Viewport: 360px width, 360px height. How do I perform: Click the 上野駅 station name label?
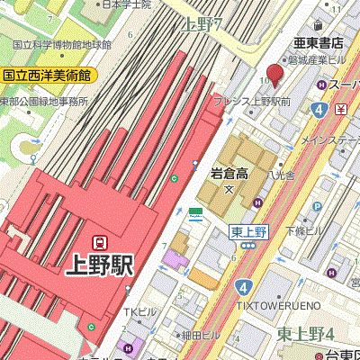(x=100, y=265)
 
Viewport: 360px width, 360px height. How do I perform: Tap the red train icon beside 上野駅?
(x=100, y=241)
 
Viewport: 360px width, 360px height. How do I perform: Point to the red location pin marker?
(x=274, y=74)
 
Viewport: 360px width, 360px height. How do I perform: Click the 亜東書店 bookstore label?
(x=319, y=42)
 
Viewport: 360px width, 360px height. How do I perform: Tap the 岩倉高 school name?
(x=230, y=172)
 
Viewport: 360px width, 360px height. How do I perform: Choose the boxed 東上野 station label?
(x=249, y=231)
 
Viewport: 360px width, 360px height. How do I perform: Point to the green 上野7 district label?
(x=202, y=24)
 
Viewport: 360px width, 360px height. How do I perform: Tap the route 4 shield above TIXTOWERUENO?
(x=243, y=286)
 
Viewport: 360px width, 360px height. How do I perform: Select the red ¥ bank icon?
(x=341, y=110)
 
